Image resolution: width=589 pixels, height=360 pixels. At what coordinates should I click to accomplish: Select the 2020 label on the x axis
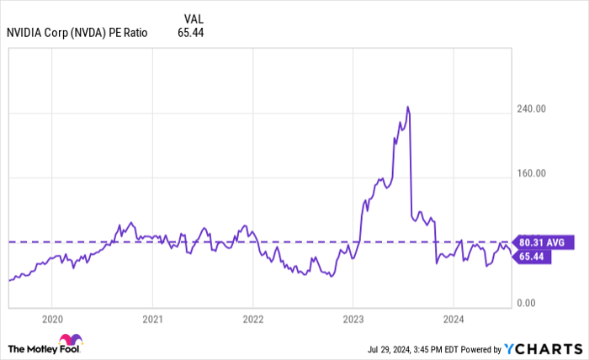pyautogui.click(x=51, y=320)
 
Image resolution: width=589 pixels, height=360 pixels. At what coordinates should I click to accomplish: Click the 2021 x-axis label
pyautogui.click(x=152, y=320)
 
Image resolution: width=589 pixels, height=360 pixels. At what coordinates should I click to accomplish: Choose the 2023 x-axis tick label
pyautogui.click(x=353, y=320)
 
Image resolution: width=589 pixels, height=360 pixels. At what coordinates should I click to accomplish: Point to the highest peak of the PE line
pyautogui.click(x=407, y=107)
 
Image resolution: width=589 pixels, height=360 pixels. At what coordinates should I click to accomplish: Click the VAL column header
pyautogui.click(x=192, y=17)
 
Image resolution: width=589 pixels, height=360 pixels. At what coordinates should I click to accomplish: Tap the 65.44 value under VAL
pyautogui.click(x=191, y=33)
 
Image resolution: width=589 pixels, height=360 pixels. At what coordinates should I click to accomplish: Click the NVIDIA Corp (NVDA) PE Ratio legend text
pyautogui.click(x=77, y=33)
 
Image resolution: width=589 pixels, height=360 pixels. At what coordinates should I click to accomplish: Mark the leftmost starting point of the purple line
pyautogui.click(x=8, y=280)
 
